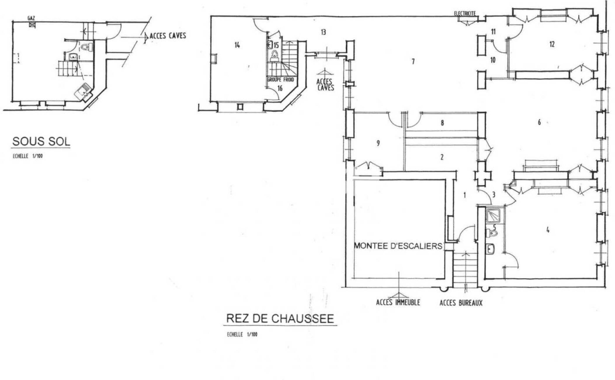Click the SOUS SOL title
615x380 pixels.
point(41,141)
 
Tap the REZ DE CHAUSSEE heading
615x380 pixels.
point(280,318)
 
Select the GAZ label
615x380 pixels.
point(31,18)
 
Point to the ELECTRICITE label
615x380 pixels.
point(465,13)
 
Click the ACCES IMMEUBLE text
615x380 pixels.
point(398,302)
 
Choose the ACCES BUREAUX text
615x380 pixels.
point(461,303)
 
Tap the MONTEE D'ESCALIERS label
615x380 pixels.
point(398,246)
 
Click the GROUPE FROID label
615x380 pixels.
point(281,80)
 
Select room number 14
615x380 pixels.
point(237,45)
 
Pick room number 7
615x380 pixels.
point(413,62)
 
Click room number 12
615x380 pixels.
point(552,44)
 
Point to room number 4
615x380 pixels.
point(548,230)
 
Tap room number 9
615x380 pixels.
point(378,143)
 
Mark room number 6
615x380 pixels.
point(539,122)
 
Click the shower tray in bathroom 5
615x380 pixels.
point(493,216)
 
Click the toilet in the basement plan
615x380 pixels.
point(86,47)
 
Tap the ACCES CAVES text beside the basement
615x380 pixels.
point(168,36)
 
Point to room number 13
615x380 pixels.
point(323,32)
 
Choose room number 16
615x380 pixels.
point(280,88)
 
